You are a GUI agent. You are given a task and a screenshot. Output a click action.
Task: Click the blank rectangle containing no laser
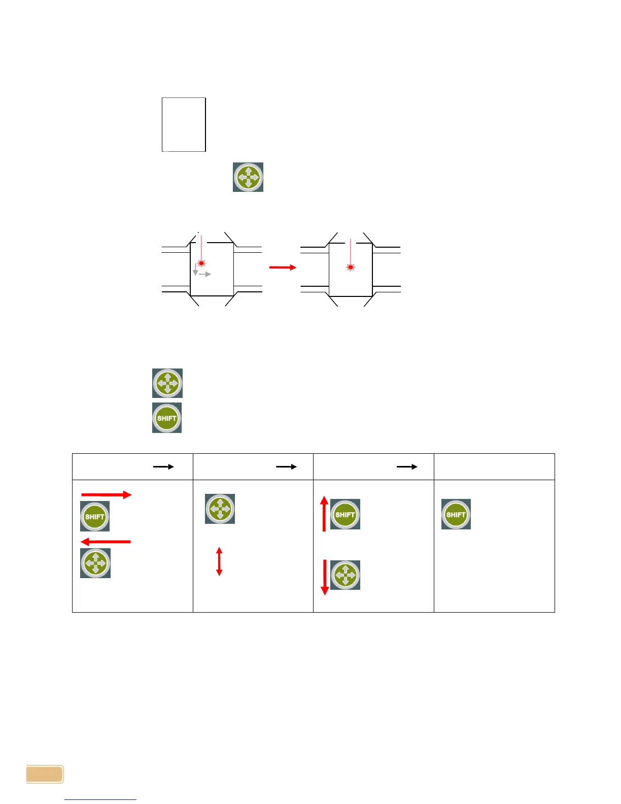(x=184, y=124)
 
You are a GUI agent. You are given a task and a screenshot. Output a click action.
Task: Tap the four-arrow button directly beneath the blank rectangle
(x=248, y=177)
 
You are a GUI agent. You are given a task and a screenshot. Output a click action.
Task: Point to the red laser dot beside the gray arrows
(x=202, y=263)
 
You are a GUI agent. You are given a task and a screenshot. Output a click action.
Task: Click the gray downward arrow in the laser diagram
(x=195, y=270)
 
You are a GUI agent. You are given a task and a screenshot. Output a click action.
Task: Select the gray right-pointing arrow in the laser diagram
(x=205, y=274)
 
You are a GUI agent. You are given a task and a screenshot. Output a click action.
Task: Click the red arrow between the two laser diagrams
(x=283, y=267)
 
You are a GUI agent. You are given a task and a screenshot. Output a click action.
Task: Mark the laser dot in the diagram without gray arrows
(x=350, y=267)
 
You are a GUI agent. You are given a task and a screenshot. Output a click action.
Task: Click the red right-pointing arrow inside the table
(x=107, y=495)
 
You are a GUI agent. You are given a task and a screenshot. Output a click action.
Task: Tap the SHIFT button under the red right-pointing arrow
(x=95, y=517)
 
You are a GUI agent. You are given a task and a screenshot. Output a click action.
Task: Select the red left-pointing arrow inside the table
(x=106, y=542)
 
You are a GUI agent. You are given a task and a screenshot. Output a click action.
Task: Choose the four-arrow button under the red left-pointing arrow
(x=95, y=563)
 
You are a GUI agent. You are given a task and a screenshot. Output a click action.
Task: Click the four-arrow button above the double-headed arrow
(x=220, y=508)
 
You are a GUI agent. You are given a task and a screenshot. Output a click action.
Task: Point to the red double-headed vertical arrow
(x=219, y=561)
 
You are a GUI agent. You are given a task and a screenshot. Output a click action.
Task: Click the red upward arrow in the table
(x=324, y=514)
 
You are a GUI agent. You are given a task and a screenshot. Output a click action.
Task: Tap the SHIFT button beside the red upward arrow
(x=345, y=514)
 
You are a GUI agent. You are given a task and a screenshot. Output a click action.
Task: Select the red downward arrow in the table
(x=325, y=577)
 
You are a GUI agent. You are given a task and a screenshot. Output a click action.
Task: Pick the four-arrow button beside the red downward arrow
(x=346, y=575)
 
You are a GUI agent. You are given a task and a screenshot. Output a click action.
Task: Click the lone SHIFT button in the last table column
(x=456, y=514)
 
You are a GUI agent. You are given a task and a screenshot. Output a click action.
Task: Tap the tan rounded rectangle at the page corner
(x=45, y=774)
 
